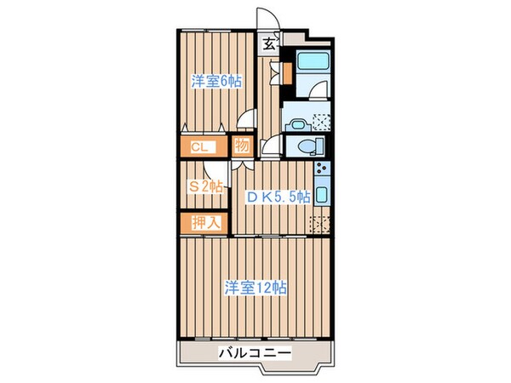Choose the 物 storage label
(241, 146)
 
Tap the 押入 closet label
(204, 223)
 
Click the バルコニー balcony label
(255, 352)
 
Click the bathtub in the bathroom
(310, 66)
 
